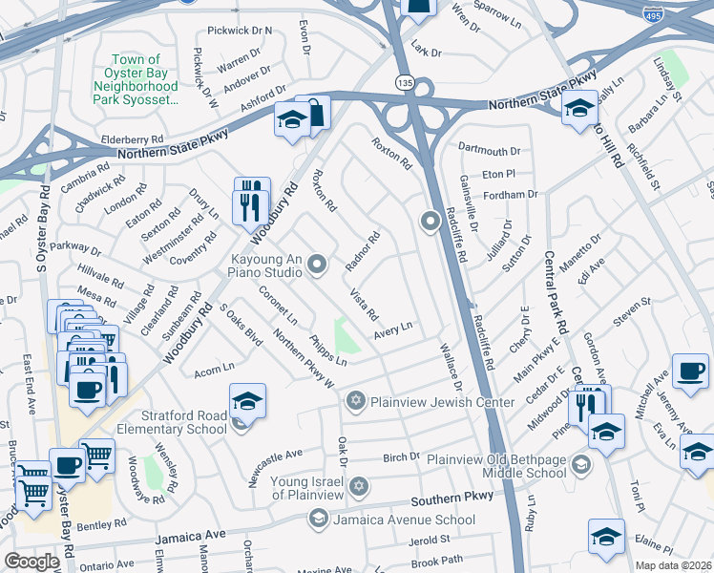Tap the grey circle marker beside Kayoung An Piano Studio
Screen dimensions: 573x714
pos(320,265)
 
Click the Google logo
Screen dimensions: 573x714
pos(31,562)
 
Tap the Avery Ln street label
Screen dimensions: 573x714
pos(392,328)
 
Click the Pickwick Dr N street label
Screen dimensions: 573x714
pos(240,31)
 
